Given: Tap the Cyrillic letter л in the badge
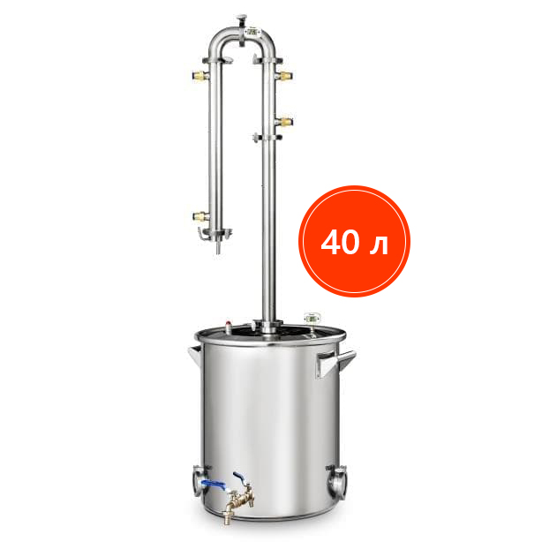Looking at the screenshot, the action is point(379,245).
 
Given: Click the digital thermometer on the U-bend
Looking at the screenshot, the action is point(252,32).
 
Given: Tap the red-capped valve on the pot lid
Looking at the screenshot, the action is point(229,327).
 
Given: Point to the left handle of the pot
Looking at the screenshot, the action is point(195,356).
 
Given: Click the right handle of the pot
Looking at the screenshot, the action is point(335,363).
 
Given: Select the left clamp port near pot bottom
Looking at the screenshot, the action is point(199,480).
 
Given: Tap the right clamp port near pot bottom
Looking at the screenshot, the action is point(336,482).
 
